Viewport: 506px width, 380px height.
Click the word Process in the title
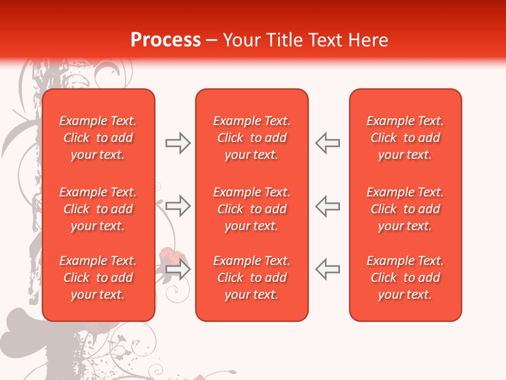tap(166, 40)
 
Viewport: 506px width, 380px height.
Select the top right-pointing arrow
tap(178, 143)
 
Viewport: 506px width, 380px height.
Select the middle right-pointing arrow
tap(178, 205)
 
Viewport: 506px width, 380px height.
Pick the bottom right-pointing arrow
tap(178, 270)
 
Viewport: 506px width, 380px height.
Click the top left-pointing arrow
tap(327, 143)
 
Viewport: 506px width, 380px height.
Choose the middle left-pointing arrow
tap(327, 205)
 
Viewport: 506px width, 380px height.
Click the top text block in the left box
tap(98, 138)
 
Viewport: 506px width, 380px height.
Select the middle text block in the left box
tap(98, 209)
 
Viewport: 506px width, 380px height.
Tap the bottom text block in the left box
tap(98, 278)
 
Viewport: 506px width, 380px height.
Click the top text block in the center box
tap(251, 138)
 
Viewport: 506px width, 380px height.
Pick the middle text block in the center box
tap(251, 209)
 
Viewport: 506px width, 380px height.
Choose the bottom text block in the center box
tap(251, 278)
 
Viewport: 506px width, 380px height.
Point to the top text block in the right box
tap(405, 138)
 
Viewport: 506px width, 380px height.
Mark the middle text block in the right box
tap(405, 209)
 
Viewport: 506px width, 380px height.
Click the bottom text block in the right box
tap(405, 278)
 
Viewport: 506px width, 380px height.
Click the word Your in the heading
tap(242, 40)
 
